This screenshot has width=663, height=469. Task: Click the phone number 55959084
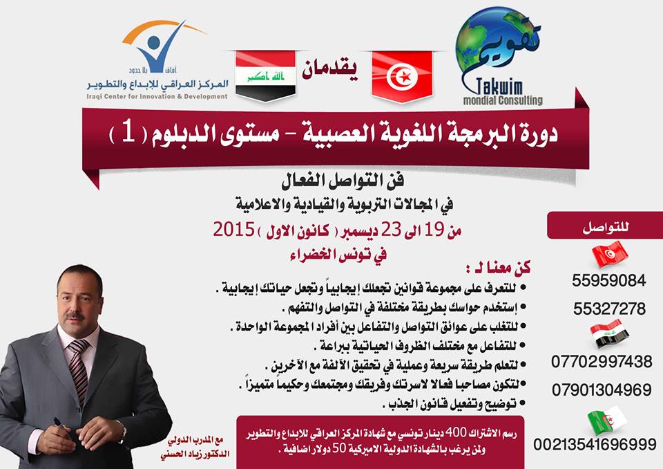point(609,280)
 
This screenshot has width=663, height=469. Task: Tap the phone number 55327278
point(609,309)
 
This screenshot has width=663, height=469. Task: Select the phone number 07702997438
point(602,362)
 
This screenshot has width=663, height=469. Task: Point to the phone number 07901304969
point(602,389)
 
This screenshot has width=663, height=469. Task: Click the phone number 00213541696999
point(595,444)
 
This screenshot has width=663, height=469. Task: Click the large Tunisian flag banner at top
point(403,77)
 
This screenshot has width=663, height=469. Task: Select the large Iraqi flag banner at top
point(265,76)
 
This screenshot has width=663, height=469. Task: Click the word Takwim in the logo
point(499,87)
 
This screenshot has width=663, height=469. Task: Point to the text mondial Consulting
point(503,100)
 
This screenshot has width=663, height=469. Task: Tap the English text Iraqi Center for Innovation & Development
point(157,97)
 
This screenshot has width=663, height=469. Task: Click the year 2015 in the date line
point(234,230)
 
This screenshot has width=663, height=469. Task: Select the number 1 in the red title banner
point(129,133)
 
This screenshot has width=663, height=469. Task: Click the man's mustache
point(75,315)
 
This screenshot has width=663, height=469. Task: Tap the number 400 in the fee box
point(458,433)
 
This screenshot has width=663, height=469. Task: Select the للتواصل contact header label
point(606,227)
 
